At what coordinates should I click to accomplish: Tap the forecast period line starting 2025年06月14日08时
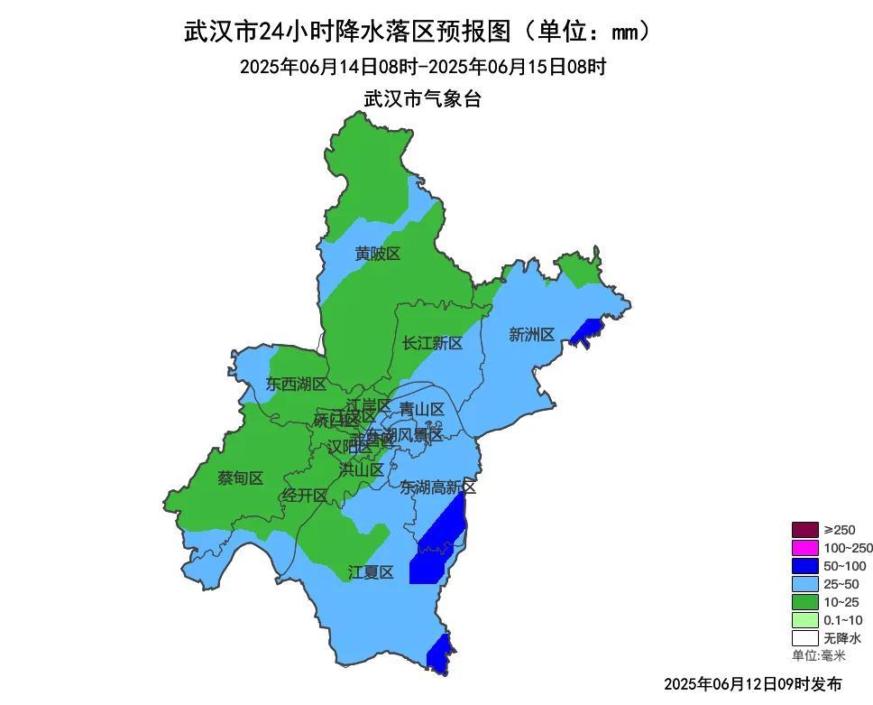click(x=422, y=67)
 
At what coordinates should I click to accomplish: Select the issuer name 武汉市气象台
click(x=422, y=98)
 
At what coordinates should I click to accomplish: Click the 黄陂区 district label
click(x=377, y=255)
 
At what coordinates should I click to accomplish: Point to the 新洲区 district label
click(x=531, y=335)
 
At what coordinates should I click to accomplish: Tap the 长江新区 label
click(x=432, y=343)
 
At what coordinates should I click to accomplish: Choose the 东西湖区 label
click(x=296, y=384)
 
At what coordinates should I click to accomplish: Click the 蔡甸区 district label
click(x=240, y=478)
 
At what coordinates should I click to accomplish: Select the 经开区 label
click(x=304, y=495)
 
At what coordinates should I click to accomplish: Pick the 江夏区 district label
click(x=371, y=572)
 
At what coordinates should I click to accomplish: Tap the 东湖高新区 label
click(x=438, y=487)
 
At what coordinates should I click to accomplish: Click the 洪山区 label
click(x=362, y=469)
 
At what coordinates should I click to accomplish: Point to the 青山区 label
click(x=422, y=409)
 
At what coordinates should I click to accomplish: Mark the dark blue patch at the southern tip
click(x=439, y=654)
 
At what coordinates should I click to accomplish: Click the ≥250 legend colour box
click(x=804, y=530)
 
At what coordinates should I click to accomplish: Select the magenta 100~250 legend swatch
click(x=804, y=548)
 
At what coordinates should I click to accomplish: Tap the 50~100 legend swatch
click(x=804, y=566)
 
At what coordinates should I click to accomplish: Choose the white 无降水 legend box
click(x=804, y=638)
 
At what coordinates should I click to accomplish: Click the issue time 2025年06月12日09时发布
click(x=753, y=683)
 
